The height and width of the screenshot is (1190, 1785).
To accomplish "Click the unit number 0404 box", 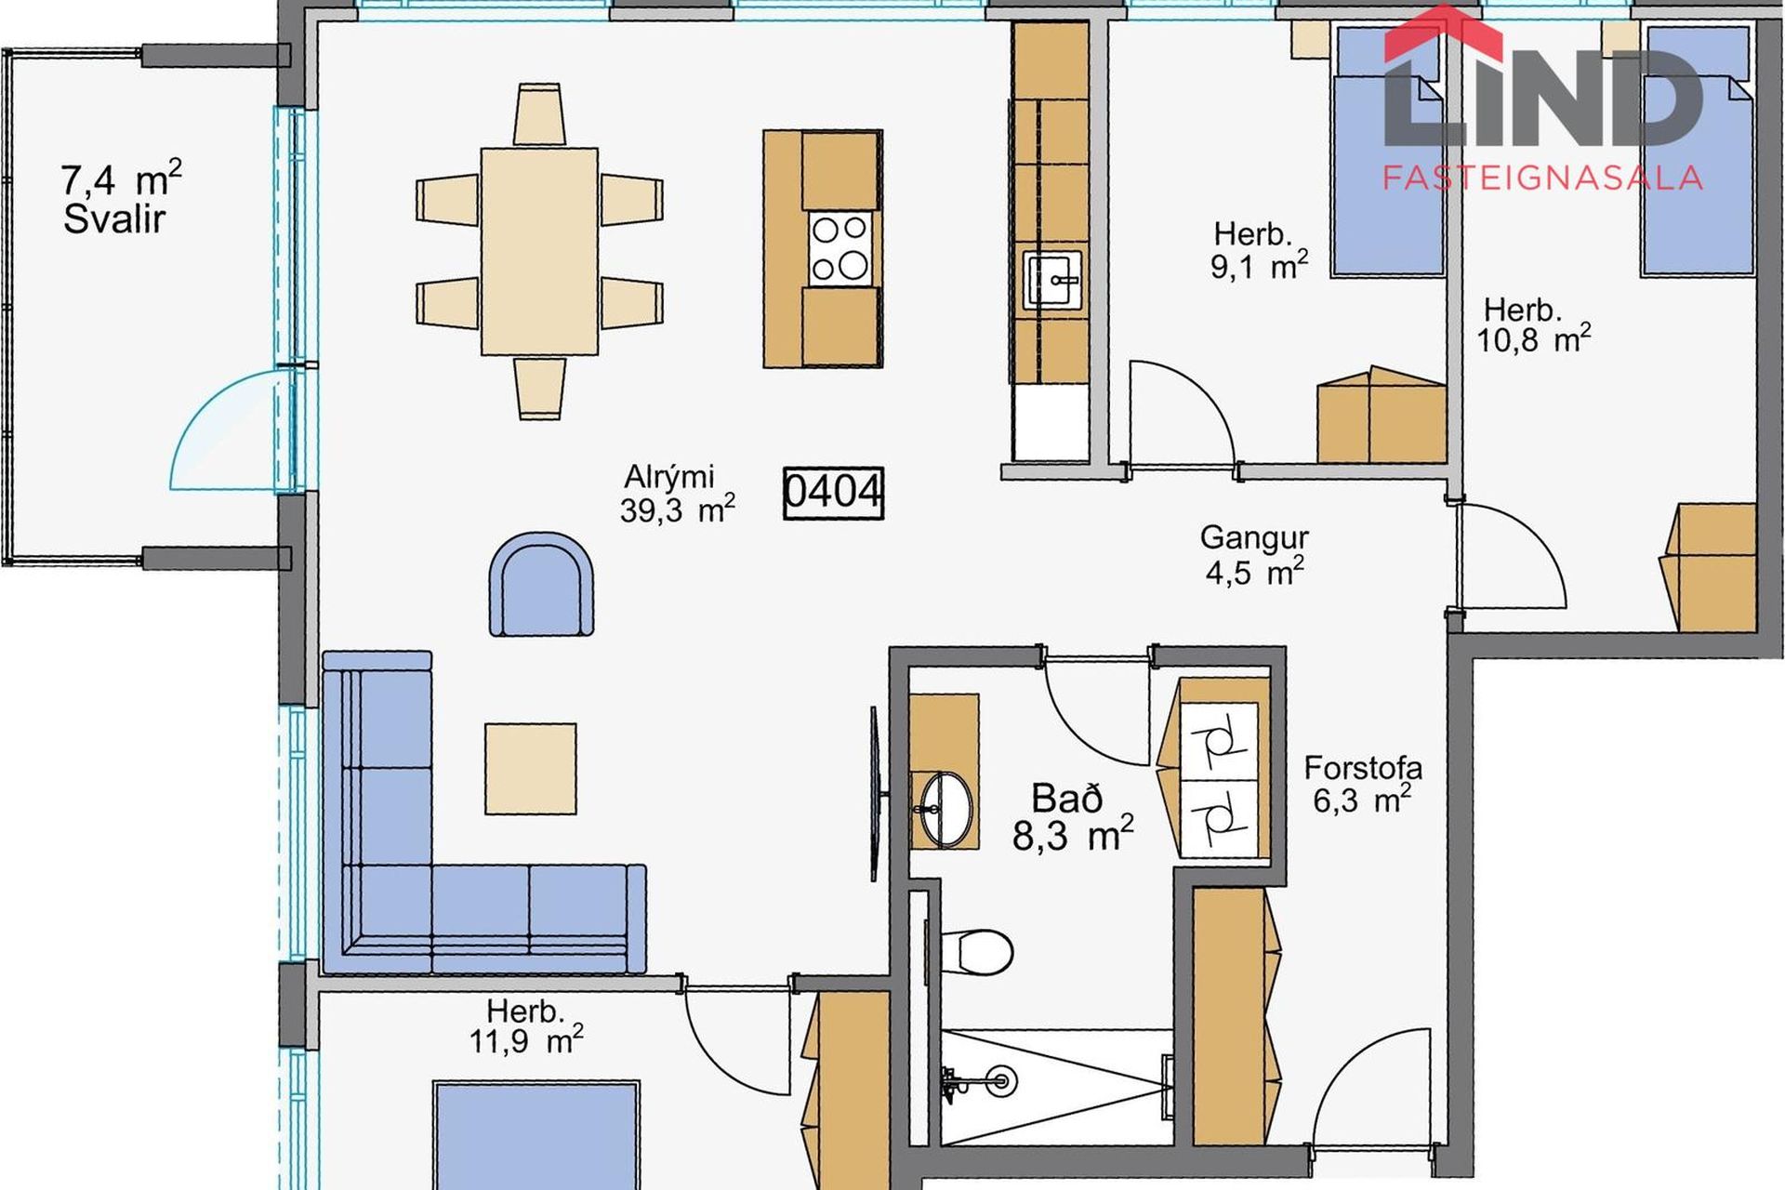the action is point(833,493).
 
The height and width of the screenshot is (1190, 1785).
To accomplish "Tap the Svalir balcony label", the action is point(114,219).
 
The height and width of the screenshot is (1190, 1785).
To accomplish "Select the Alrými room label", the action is point(669,477).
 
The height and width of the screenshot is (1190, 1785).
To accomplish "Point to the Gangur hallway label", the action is point(1254,537).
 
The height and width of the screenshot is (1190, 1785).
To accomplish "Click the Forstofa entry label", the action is point(1363,768).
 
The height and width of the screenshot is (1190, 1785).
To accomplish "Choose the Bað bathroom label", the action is point(1067,799).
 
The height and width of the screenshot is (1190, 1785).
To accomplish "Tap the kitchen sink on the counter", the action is point(1052,279).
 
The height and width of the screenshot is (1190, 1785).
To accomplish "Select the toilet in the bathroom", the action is point(975,951).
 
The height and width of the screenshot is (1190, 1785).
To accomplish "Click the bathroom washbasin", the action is point(945,809).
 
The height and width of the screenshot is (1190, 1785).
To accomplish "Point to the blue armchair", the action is point(541,585).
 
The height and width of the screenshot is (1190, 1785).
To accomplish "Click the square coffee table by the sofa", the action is point(530,769).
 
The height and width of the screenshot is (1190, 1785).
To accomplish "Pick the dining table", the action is point(539,251).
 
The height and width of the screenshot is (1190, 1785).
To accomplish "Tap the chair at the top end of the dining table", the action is point(539,114).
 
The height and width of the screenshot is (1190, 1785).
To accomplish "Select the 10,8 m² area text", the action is point(1533,339).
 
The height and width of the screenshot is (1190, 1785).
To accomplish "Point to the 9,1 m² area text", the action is point(1259,267).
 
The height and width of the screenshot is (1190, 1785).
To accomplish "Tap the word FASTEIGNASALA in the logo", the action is point(1542,178).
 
